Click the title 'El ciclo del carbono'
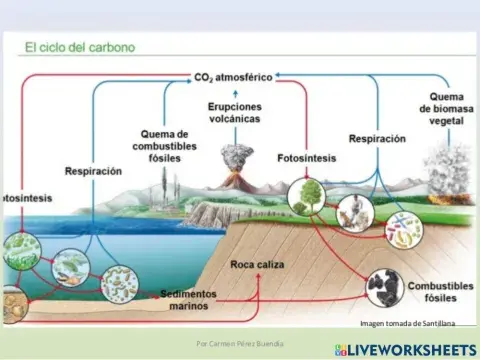point(79,47)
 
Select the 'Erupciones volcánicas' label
point(236,112)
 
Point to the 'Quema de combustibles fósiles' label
point(160,147)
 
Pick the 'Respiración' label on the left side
point(92,171)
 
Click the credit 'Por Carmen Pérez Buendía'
point(240,343)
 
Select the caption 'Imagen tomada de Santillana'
point(407,323)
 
